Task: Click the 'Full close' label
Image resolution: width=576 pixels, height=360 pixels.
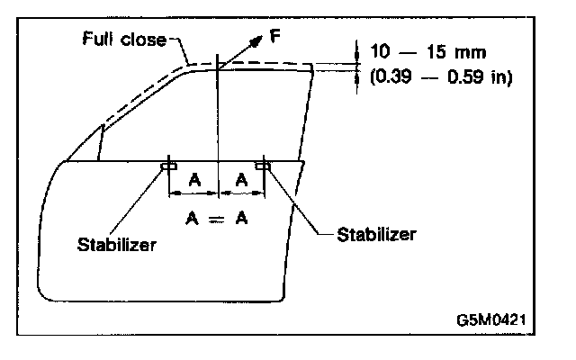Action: pyautogui.click(x=124, y=40)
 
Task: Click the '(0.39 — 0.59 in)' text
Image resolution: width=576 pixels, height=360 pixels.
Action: pyautogui.click(x=441, y=77)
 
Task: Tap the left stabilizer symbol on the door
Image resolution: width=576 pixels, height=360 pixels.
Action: pyautogui.click(x=168, y=165)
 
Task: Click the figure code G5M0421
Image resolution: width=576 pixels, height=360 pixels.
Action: pyautogui.click(x=490, y=319)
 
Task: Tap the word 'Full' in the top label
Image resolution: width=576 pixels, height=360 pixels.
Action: pyautogui.click(x=98, y=40)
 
